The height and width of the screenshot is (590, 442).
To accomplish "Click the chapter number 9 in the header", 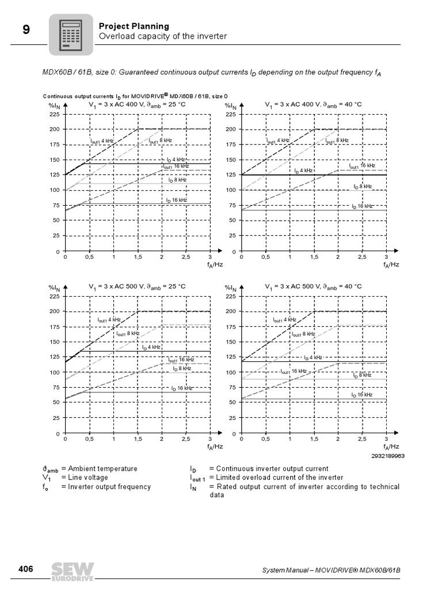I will [x=26, y=30].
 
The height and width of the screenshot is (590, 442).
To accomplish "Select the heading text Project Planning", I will [x=134, y=26].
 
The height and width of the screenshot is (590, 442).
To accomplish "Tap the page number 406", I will [x=25, y=569].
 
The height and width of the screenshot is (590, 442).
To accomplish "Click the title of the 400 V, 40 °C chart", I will [x=313, y=105].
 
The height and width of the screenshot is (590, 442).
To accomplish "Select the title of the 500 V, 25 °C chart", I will [x=137, y=286].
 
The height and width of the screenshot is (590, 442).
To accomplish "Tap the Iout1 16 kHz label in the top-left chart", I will [x=176, y=167].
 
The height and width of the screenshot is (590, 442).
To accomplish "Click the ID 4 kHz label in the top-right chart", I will [x=303, y=171].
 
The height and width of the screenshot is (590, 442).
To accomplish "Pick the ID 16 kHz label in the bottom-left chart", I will [x=182, y=388].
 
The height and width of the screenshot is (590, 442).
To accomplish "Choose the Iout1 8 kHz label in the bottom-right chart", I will [x=303, y=334].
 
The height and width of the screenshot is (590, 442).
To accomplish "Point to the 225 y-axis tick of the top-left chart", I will [x=55, y=114].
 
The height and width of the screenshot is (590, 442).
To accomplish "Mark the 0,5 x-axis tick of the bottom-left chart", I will [x=89, y=438].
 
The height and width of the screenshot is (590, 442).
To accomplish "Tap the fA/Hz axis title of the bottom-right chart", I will [x=391, y=447].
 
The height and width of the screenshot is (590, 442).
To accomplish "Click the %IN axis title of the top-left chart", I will [x=54, y=105].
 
